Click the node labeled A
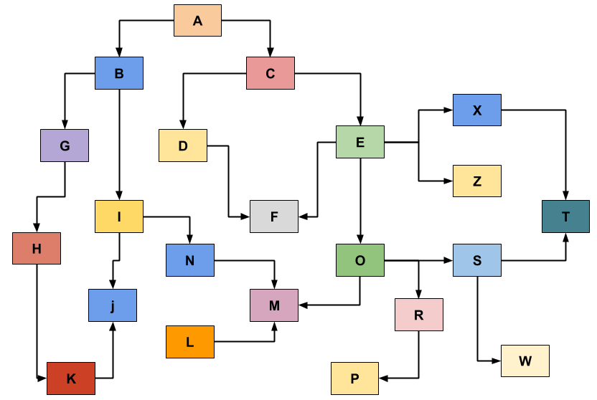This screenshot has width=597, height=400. (x=197, y=20)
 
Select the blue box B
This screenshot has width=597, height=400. (x=119, y=73)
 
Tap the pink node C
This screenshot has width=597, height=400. (x=271, y=73)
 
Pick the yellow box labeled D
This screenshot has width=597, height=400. (x=183, y=146)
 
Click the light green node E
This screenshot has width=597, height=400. (x=360, y=142)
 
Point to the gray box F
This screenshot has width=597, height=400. (x=274, y=216)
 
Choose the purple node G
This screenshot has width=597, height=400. (x=65, y=146)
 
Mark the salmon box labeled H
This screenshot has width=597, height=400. (x=37, y=249)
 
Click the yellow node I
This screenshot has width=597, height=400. (x=119, y=216)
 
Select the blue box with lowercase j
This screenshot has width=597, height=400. (x=113, y=305)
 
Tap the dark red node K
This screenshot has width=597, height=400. (x=71, y=378)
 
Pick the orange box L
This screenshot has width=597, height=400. (x=190, y=342)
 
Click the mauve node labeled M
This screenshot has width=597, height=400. (x=274, y=305)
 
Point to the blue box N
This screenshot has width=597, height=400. (x=190, y=260)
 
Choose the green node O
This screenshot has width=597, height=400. (x=360, y=260)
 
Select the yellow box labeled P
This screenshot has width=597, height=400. (x=354, y=378)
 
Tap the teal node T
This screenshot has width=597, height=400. (x=565, y=216)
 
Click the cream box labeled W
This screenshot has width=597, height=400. (x=525, y=361)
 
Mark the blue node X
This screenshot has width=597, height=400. (x=477, y=110)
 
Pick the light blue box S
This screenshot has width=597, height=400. (x=477, y=260)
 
